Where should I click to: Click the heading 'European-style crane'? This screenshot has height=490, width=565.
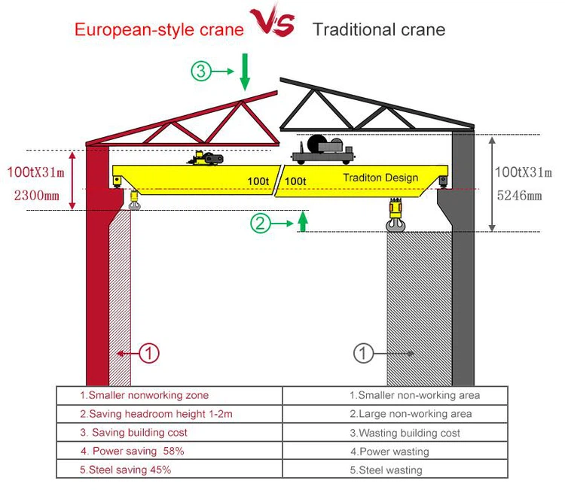click(x=159, y=30)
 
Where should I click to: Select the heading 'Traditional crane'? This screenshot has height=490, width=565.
click(x=379, y=30)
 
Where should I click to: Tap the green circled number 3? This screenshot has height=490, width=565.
click(x=200, y=72)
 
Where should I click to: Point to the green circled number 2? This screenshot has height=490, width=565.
click(x=260, y=223)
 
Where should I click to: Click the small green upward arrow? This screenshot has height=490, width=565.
click(x=302, y=221)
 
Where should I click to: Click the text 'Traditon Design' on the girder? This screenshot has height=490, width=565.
click(x=380, y=178)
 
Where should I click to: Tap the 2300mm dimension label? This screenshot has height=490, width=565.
click(x=35, y=195)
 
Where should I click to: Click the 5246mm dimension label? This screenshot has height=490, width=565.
click(x=519, y=196)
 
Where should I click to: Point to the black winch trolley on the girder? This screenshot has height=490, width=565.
click(x=322, y=150)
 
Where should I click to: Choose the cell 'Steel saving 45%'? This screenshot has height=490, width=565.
click(x=126, y=470)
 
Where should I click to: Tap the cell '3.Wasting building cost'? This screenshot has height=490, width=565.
click(x=405, y=433)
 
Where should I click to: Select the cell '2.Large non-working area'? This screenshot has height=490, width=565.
click(x=410, y=414)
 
